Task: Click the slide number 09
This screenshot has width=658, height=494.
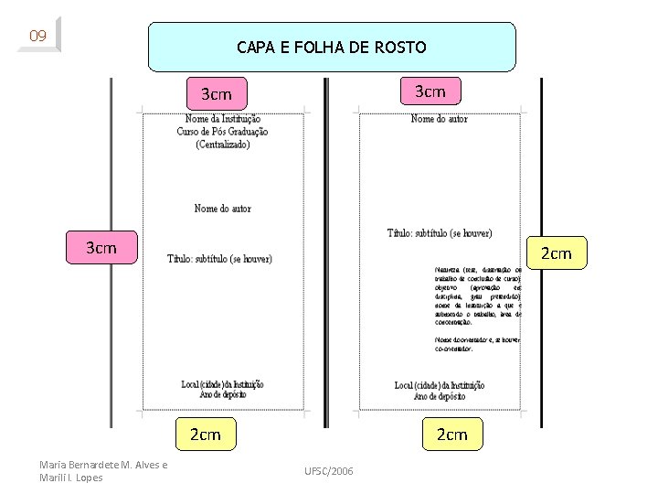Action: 37,37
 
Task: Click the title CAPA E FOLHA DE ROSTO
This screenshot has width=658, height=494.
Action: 332,47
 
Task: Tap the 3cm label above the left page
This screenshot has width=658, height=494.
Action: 216,94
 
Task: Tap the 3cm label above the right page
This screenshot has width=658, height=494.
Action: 430,91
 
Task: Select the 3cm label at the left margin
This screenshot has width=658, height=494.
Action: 101,249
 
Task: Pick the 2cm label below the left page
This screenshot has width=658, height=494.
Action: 205,435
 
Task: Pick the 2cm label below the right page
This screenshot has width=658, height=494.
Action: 451,435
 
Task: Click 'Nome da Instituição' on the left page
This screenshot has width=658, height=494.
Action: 223,119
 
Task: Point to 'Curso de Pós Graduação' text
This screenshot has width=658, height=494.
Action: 223,132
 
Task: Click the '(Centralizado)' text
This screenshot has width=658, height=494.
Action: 223,145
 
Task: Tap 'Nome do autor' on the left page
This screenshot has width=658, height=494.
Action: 223,209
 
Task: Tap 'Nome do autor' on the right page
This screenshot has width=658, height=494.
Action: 440,119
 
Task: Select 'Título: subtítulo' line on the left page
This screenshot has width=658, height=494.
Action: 219,259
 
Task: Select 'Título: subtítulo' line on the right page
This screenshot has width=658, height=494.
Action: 440,233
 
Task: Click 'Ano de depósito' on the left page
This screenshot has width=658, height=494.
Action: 223,394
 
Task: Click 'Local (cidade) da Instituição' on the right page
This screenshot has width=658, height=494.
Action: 440,385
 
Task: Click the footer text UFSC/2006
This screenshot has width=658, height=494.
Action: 328,470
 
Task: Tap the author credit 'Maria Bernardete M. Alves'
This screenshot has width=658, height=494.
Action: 103,465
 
